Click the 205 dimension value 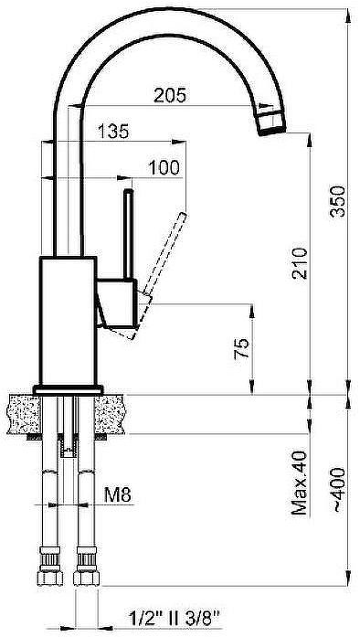170,95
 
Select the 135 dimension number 113,132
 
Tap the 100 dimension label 164,167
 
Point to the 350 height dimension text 337,201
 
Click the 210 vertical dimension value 300,263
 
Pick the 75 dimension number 241,348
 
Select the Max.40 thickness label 300,483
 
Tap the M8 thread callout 118,494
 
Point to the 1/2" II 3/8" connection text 174,619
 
